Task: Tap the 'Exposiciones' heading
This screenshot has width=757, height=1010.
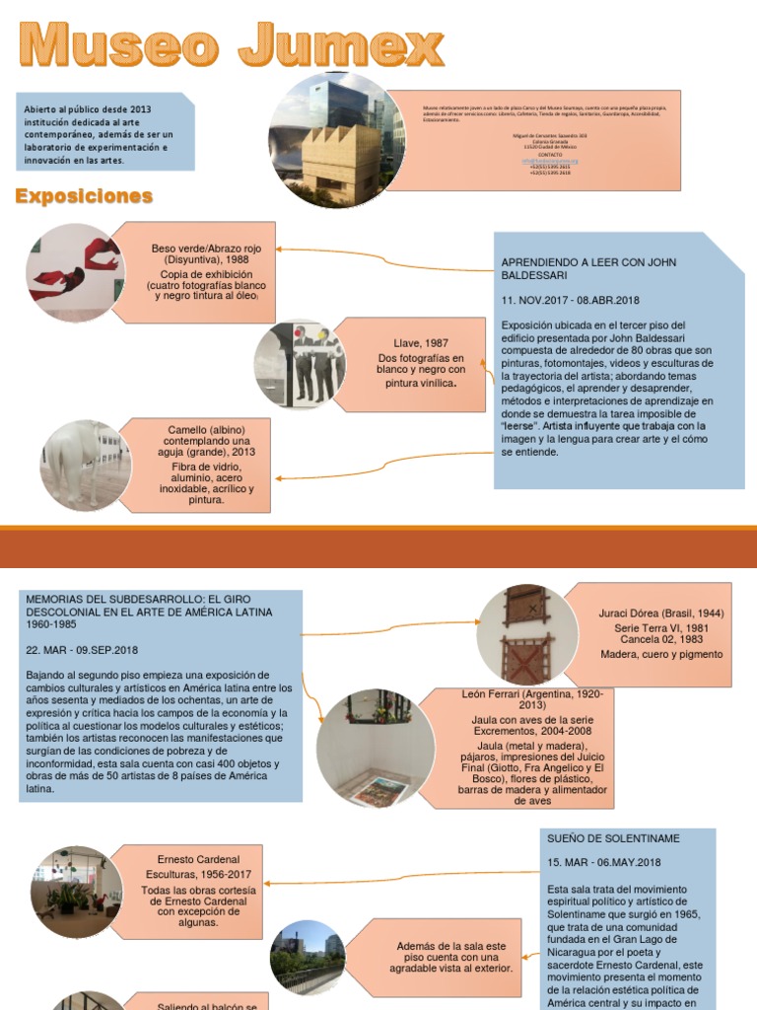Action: (x=84, y=196)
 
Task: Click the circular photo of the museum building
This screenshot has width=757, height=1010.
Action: (x=337, y=139)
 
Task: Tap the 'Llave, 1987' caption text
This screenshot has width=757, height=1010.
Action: (x=421, y=343)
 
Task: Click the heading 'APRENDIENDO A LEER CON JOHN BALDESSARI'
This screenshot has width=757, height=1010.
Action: (x=576, y=269)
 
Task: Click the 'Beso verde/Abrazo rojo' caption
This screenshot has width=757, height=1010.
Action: (x=206, y=254)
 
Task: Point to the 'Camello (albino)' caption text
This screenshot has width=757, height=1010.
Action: (x=209, y=435)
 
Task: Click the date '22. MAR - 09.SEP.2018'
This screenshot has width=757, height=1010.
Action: (x=82, y=650)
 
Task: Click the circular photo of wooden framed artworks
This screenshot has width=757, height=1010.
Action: (x=527, y=634)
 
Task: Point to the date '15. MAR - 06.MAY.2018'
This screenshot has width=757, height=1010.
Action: (x=604, y=863)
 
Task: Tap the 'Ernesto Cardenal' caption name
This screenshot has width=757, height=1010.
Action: (x=198, y=859)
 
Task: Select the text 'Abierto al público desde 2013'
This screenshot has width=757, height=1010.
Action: (x=84, y=110)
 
